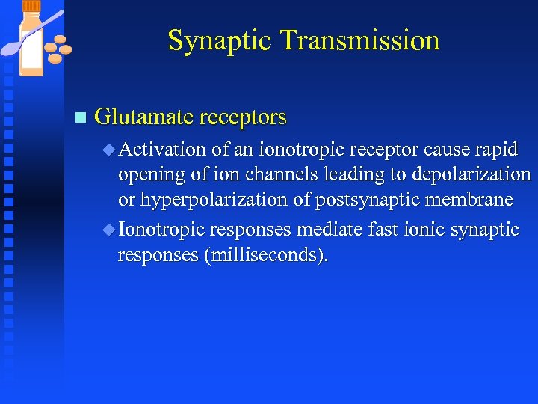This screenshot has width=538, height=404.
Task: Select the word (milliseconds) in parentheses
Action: [x=265, y=256]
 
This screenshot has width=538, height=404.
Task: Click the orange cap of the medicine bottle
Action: [x=32, y=6]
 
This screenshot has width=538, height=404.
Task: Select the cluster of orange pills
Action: [x=57, y=48]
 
